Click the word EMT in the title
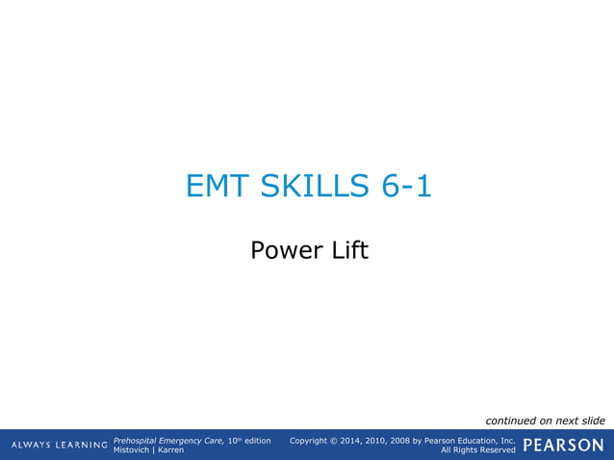217,186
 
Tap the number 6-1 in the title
405,186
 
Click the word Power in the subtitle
280,251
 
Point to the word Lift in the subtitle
347,251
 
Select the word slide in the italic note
591,421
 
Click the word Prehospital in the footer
137,440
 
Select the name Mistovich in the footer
132,450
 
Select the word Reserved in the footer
497,450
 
